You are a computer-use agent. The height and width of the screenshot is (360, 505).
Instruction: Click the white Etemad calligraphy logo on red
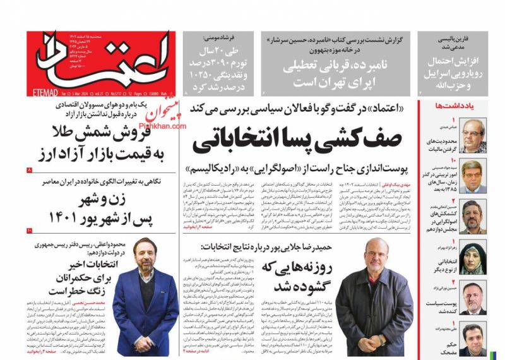pos(101,62)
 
